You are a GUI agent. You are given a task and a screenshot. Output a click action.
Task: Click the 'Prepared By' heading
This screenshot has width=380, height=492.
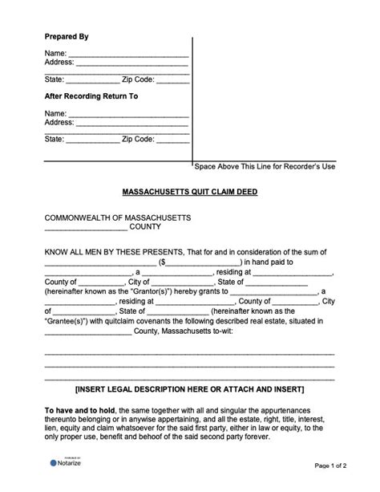tap(67, 37)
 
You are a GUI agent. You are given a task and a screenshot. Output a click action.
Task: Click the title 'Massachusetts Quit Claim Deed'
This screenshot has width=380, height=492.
tap(189, 193)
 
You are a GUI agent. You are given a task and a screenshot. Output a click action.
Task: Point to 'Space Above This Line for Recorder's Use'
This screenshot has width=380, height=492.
tap(265, 166)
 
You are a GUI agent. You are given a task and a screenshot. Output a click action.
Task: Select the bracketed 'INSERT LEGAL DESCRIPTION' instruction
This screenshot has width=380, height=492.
tap(189, 389)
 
